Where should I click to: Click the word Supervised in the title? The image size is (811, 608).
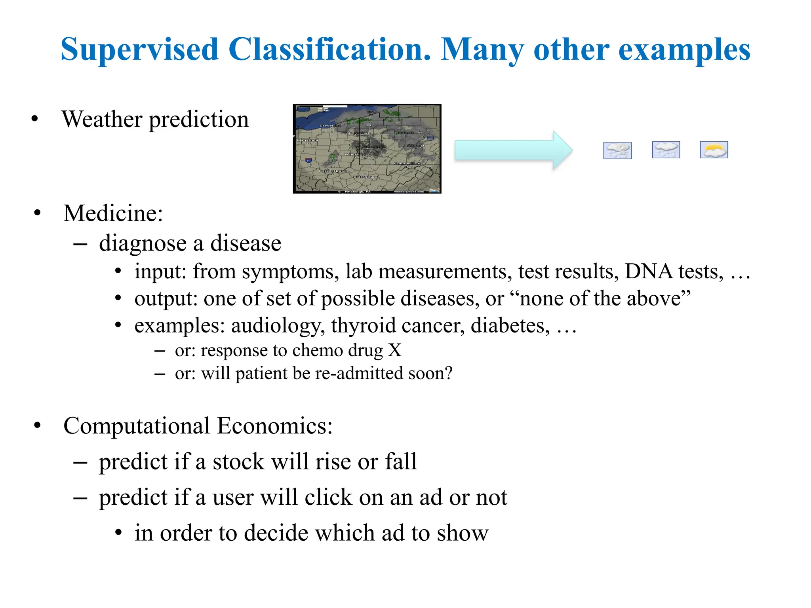tap(139, 49)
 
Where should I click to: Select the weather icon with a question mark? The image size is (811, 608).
tap(617, 150)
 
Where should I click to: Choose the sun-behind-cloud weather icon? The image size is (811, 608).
tap(714, 150)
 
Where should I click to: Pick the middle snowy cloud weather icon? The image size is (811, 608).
tap(666, 150)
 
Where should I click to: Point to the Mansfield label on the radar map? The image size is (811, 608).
tap(308, 140)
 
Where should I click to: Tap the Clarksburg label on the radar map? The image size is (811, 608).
tap(365, 177)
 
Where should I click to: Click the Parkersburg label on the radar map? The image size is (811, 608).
tap(332, 171)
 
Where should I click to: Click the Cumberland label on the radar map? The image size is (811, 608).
tap(407, 163)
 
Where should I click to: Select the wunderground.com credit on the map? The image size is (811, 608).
tap(409, 192)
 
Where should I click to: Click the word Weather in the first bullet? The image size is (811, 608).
tap(102, 119)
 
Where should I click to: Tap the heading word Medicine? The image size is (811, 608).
tap(113, 213)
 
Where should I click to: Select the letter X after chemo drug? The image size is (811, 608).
tap(394, 350)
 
